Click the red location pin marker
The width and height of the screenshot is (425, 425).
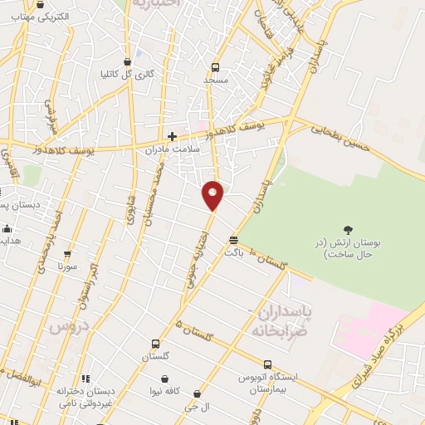coord(213,195)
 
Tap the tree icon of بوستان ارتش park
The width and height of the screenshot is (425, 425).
coord(348,230)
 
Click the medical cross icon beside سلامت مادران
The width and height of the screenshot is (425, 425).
coord(172,137)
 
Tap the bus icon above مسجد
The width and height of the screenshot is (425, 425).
coord(215,67)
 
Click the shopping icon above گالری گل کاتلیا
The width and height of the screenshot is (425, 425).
coord(127,61)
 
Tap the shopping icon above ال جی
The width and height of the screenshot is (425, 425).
coord(197,393)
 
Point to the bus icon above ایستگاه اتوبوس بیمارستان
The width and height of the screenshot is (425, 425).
coord(267,364)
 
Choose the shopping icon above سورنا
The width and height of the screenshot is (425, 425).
coord(67,255)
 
